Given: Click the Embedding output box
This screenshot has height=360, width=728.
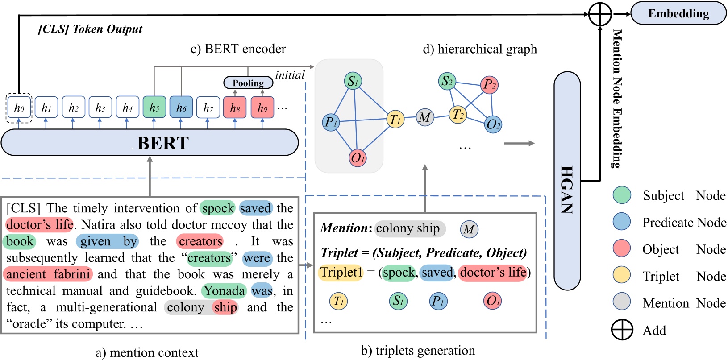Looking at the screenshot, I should tap(678, 13).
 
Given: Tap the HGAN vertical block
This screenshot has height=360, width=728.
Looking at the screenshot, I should tap(567, 181).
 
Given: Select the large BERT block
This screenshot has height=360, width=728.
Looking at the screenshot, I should tap(150, 143).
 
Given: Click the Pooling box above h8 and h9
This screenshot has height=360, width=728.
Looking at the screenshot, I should tap(248, 83).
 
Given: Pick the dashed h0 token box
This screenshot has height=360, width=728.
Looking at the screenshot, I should tap(19, 108).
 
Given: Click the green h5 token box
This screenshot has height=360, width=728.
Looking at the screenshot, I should tap(154, 108).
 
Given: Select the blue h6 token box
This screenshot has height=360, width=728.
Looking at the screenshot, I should tap(181, 108).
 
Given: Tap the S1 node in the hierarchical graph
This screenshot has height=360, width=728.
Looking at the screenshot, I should tap(353, 81).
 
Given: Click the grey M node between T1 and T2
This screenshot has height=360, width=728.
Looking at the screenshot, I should tap(424, 118).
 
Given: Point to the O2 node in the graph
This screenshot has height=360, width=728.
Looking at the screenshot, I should tap(493, 124).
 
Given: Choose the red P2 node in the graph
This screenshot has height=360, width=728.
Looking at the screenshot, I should tap(489, 84).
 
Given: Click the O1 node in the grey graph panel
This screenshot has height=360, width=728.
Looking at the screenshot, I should tap(358, 158).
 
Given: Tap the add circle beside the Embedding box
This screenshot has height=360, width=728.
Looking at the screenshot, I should tap(600, 14).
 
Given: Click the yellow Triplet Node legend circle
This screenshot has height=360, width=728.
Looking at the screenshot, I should tap(621, 276).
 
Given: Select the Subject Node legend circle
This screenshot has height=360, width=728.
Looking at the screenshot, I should tap(621, 195).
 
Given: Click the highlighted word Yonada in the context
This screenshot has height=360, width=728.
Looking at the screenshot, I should tap(224, 291).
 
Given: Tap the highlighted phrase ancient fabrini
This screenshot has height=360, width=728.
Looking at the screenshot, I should tap(48, 274).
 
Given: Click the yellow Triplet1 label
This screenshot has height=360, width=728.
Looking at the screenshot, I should tap(341, 272).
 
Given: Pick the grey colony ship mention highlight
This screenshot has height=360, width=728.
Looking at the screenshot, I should tap(409, 228).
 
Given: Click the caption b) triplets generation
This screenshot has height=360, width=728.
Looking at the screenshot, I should tap(418, 351).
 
